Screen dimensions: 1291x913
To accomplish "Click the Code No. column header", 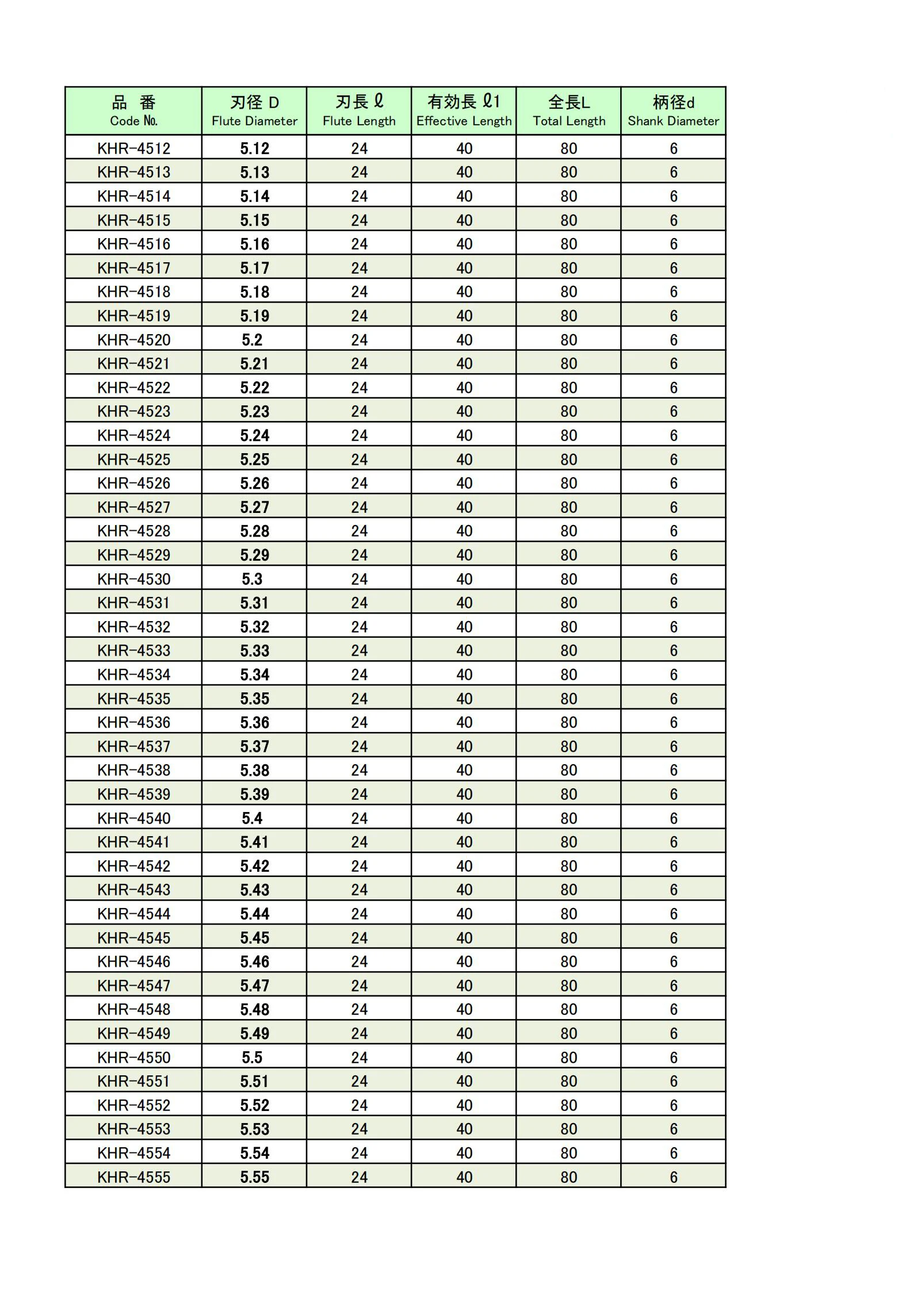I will [x=133, y=111].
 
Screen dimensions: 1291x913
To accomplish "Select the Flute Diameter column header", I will [x=254, y=111].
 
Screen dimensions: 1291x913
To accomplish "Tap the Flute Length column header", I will [x=359, y=111].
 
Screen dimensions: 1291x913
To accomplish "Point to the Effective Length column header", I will [x=464, y=111].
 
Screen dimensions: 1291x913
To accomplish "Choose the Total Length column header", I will [x=568, y=111].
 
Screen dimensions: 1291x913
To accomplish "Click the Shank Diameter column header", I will [x=673, y=111].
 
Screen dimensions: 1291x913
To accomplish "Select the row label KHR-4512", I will [x=133, y=148].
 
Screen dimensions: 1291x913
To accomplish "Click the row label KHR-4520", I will [x=133, y=340].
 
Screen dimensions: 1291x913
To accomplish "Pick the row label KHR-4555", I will [x=133, y=1177].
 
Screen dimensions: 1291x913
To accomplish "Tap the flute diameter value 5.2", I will [x=252, y=340].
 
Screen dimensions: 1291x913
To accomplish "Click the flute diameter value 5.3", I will [x=252, y=579].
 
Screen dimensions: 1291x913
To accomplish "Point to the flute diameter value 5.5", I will [x=252, y=1058].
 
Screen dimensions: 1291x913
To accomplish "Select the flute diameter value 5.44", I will [x=254, y=914].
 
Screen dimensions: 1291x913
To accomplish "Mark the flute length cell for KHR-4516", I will [x=359, y=244].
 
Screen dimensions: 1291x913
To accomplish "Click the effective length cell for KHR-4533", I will [x=464, y=650].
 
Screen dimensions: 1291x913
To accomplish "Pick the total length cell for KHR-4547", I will [x=568, y=986].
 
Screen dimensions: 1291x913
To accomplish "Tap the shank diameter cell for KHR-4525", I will [x=673, y=459].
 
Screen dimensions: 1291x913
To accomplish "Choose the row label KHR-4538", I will [x=133, y=770].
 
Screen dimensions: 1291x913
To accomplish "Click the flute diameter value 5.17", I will [x=254, y=268].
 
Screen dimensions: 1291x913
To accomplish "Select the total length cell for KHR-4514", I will [x=568, y=196].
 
